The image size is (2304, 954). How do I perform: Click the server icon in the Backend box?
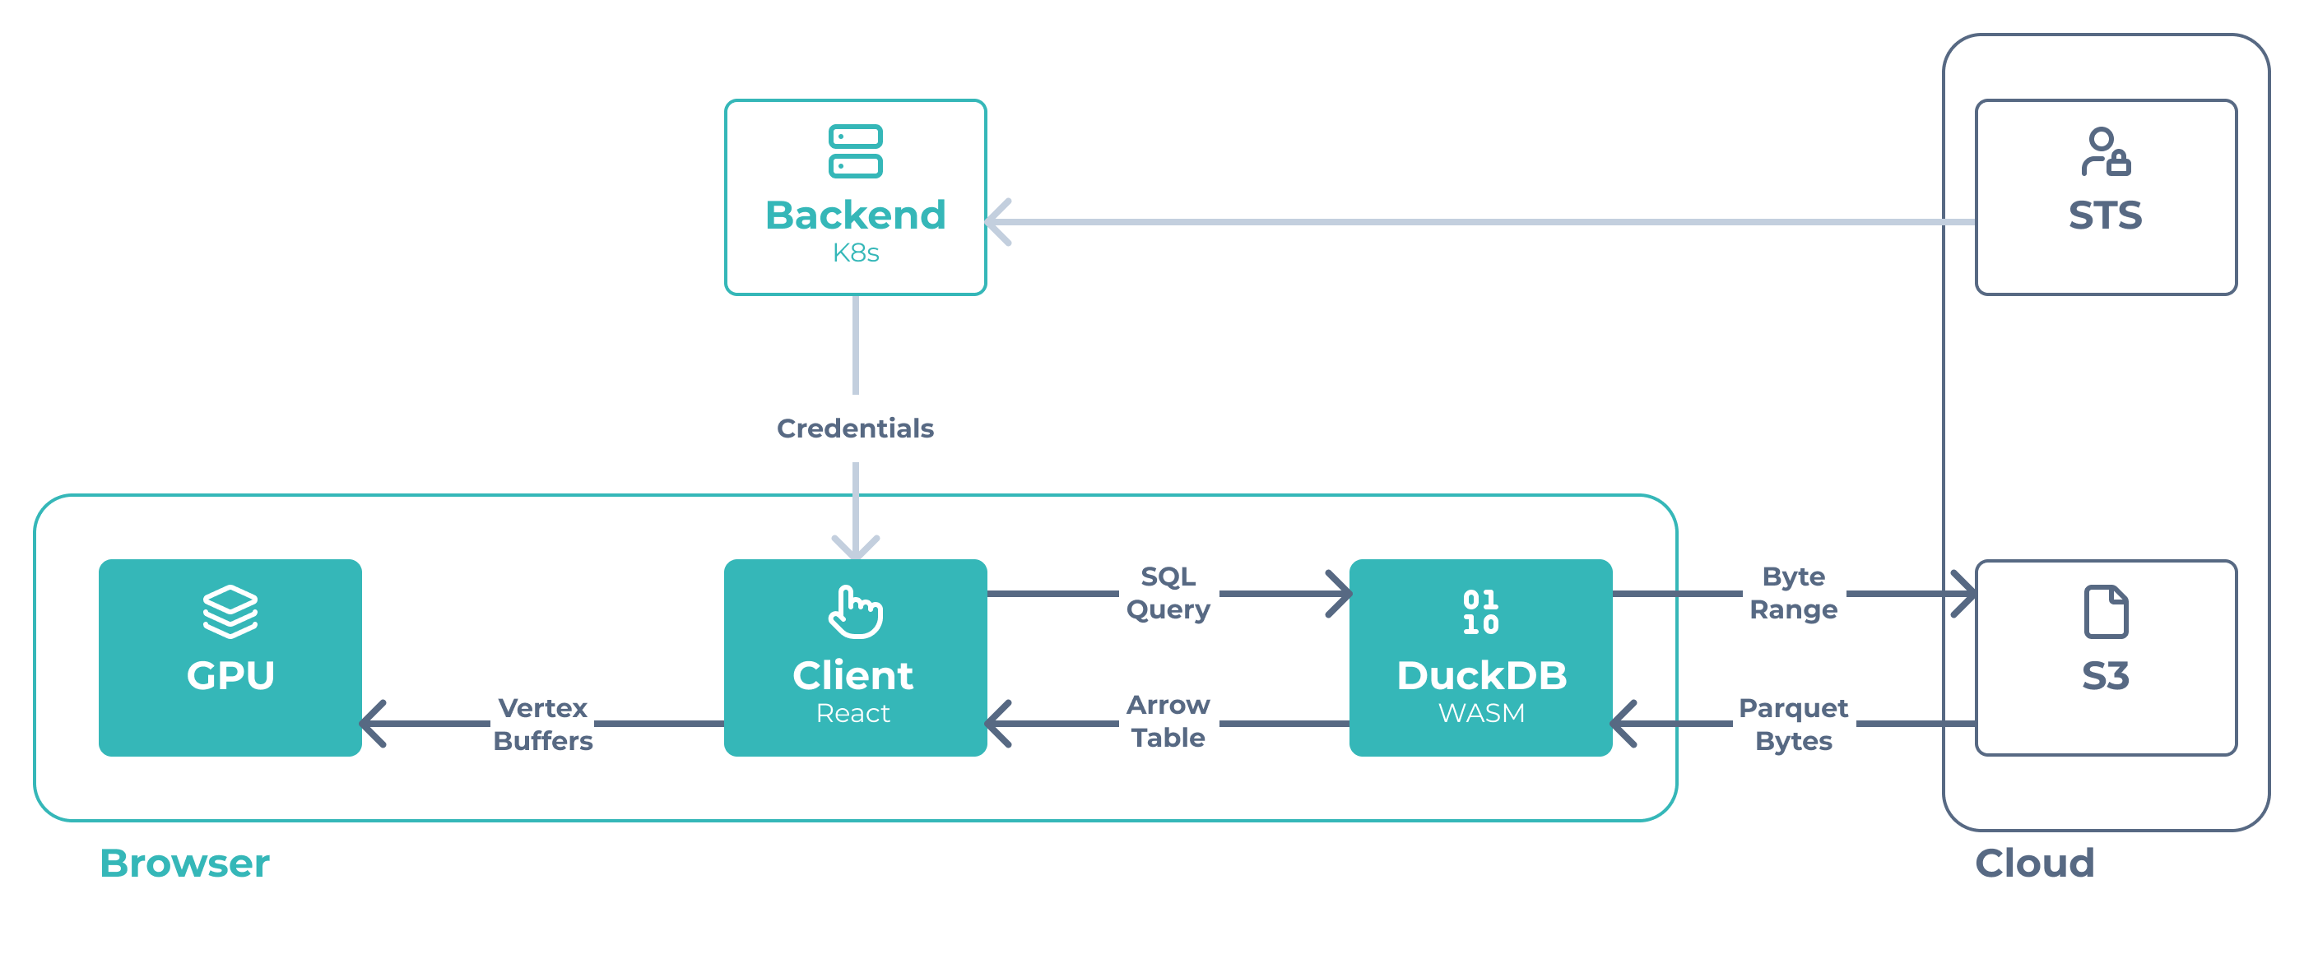point(855,151)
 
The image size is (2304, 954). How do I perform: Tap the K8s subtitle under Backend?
point(855,253)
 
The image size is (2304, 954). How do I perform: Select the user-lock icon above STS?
point(2105,151)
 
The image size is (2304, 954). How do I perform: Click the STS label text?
point(2105,215)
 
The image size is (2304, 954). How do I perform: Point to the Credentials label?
point(855,428)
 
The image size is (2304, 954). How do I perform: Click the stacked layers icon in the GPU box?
point(230,612)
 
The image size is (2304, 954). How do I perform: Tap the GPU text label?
point(230,675)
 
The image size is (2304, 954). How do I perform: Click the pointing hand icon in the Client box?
point(855,612)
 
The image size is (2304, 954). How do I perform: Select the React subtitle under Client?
point(852,714)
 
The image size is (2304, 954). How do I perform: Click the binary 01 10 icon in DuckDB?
point(1480,612)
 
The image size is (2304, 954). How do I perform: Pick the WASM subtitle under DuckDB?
point(1481,714)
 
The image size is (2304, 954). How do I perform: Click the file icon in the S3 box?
point(2105,612)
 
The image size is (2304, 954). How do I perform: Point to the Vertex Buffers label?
point(543,725)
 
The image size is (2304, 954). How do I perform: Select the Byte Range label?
point(1792,593)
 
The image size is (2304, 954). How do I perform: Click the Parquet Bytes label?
point(1792,725)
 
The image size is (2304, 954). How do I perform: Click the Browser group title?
point(184,864)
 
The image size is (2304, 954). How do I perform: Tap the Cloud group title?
point(2034,864)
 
